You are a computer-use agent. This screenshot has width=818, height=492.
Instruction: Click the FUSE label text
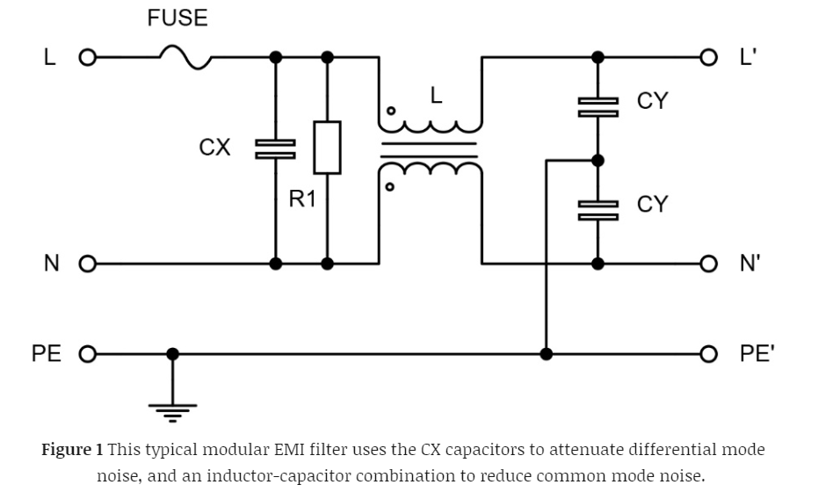pyautogui.click(x=177, y=18)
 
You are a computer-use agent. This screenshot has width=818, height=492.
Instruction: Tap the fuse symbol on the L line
pyautogui.click(x=185, y=57)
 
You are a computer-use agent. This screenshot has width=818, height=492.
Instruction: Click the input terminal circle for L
pyautogui.click(x=86, y=58)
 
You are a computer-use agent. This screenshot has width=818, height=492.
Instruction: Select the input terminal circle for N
pyautogui.click(x=86, y=264)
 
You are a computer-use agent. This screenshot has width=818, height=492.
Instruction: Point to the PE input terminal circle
pyautogui.click(x=86, y=354)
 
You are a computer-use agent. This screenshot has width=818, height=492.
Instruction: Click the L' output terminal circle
pyautogui.click(x=709, y=58)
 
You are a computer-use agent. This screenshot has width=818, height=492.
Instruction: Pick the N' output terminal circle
pyautogui.click(x=709, y=264)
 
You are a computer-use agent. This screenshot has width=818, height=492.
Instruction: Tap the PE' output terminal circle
pyautogui.click(x=709, y=354)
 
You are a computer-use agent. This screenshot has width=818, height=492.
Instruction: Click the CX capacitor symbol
pyautogui.click(x=275, y=148)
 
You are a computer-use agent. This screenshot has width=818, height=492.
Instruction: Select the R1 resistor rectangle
pyautogui.click(x=327, y=148)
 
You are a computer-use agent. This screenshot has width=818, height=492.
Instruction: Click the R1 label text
pyautogui.click(x=302, y=199)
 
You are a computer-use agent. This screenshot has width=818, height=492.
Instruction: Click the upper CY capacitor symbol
pyautogui.click(x=597, y=107)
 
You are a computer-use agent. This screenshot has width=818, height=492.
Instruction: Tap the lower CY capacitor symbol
pyautogui.click(x=597, y=209)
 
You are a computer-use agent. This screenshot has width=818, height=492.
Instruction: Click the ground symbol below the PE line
pyautogui.click(x=172, y=406)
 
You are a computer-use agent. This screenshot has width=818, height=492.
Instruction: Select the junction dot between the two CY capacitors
pyautogui.click(x=597, y=160)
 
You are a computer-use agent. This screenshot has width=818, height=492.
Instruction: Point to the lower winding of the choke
pyautogui.click(x=431, y=169)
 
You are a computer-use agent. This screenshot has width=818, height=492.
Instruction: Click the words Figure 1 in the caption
pyautogui.click(x=72, y=450)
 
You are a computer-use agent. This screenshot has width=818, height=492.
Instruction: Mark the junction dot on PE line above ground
pyautogui.click(x=172, y=354)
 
